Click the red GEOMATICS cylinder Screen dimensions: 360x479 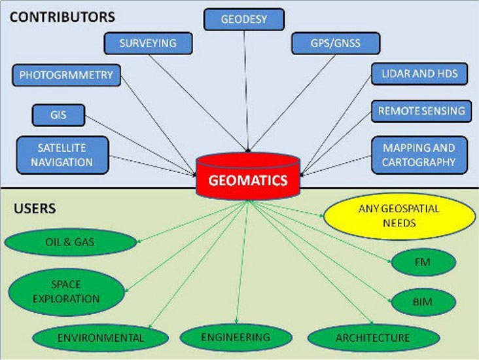click(x=249, y=177)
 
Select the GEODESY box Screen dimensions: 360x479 click(x=244, y=19)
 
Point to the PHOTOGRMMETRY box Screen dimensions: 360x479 click(x=66, y=75)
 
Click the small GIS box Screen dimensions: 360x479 click(x=58, y=116)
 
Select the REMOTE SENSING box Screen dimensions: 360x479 click(x=421, y=111)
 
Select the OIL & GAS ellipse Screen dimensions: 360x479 click(x=71, y=242)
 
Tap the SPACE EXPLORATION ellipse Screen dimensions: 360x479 click(x=66, y=292)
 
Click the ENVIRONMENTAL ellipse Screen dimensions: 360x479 click(x=100, y=338)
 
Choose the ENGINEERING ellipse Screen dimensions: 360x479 click(x=235, y=337)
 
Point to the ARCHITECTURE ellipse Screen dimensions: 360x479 click(x=372, y=338)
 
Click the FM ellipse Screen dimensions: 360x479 click(x=423, y=262)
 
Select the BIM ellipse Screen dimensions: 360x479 click(x=423, y=302)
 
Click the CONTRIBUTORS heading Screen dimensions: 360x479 click(x=62, y=16)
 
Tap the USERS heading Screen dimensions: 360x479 click(x=34, y=209)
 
